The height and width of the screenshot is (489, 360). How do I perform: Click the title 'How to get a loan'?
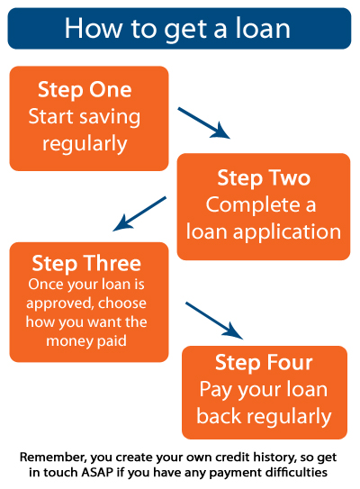click(177, 29)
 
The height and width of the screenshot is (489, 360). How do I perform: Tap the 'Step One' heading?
click(85, 90)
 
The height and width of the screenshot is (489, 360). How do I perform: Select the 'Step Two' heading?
click(264, 178)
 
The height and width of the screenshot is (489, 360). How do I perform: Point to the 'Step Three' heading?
click(86, 264)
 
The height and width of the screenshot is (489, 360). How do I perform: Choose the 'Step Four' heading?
click(264, 363)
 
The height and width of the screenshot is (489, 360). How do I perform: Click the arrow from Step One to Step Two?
click(203, 122)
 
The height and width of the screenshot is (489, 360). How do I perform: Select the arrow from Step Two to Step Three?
click(139, 214)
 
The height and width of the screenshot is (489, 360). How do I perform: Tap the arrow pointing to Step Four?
click(214, 321)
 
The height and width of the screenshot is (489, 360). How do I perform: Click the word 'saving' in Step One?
click(110, 118)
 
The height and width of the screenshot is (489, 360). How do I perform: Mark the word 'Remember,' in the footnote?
click(53, 457)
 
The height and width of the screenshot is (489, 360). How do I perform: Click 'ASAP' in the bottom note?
click(97, 472)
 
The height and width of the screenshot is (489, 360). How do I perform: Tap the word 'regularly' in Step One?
click(85, 145)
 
